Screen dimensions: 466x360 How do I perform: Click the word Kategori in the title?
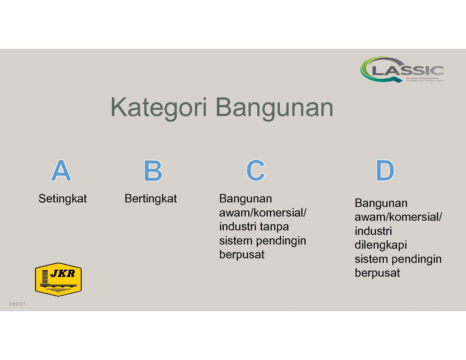[159, 108]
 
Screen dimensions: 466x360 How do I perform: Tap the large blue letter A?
[61, 170]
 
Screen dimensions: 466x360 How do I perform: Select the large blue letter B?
[153, 170]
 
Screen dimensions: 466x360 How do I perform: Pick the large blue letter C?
[256, 170]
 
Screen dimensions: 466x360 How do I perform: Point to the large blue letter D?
[385, 170]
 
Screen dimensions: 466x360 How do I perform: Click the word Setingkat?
[63, 198]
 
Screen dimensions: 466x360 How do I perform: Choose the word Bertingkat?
[151, 198]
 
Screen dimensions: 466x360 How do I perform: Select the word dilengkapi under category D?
[381, 245]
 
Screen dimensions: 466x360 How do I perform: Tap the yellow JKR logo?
[58, 279]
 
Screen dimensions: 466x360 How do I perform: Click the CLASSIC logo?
[402, 69]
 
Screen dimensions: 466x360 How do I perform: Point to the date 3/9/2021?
[17, 304]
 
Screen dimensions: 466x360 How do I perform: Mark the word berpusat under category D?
[377, 273]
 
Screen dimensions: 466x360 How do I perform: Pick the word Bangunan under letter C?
[246, 198]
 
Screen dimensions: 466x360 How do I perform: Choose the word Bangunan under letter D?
[381, 203]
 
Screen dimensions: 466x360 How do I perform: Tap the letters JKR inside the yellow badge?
[63, 274]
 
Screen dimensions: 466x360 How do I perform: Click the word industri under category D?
[373, 231]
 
